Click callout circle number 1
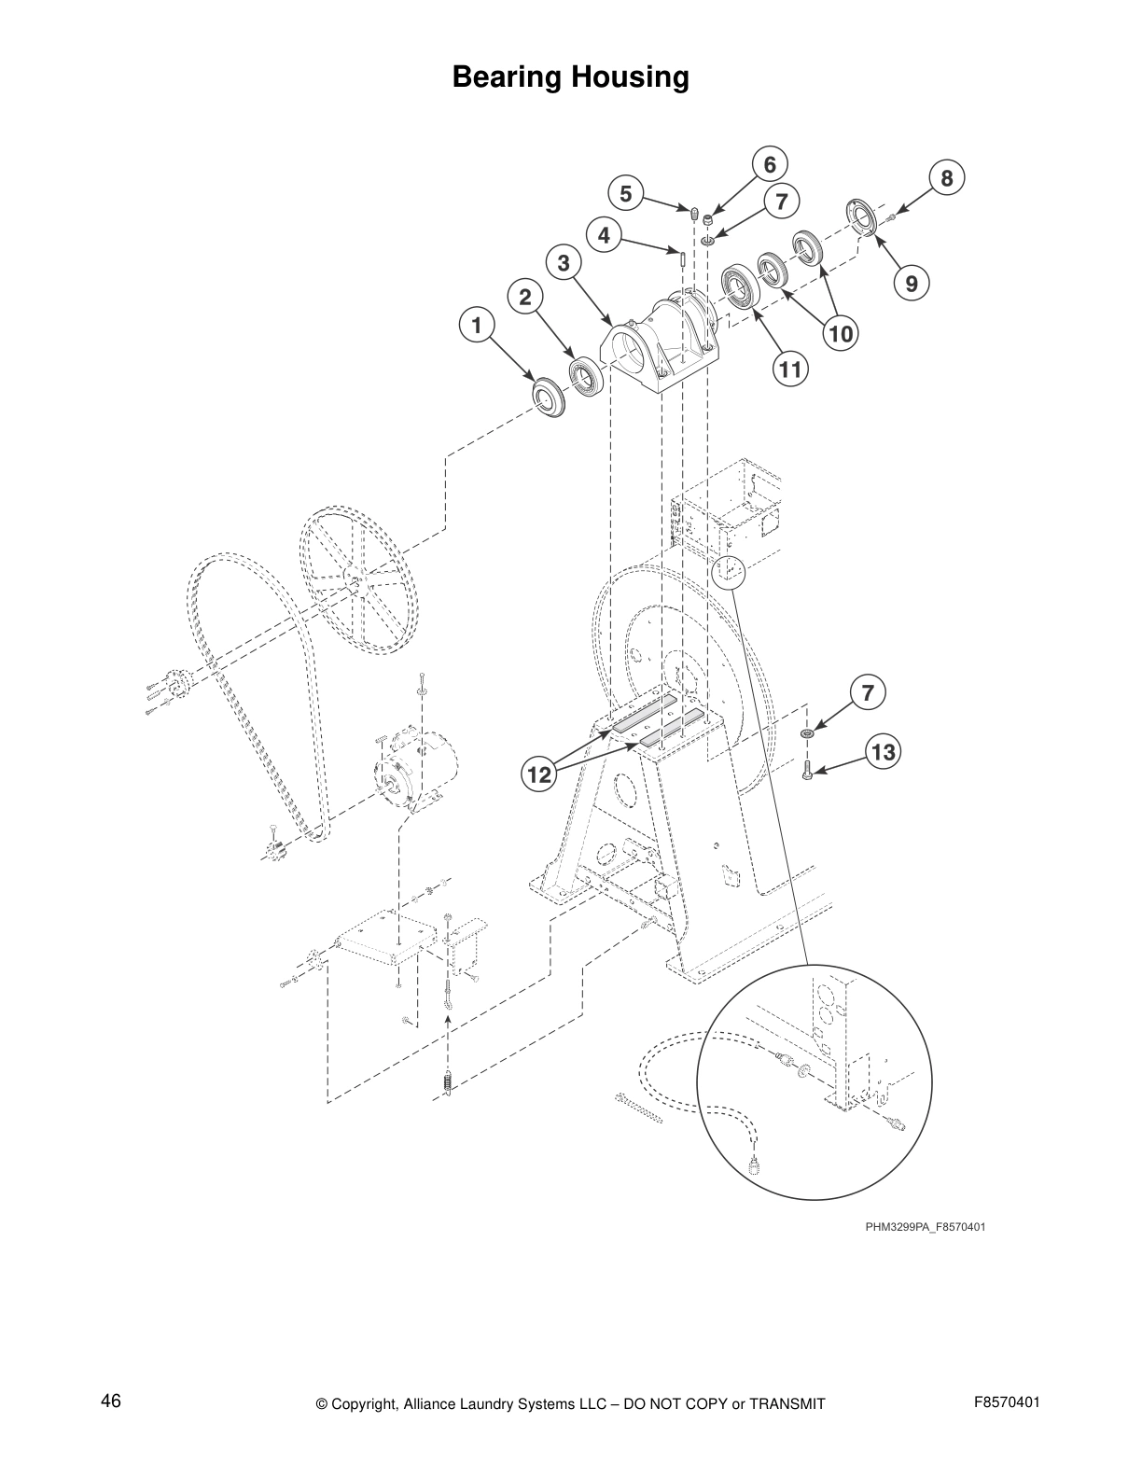click(477, 326)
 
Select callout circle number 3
click(563, 264)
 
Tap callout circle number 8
click(946, 178)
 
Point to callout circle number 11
click(790, 369)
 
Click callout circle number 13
click(883, 752)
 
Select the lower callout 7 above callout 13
click(868, 693)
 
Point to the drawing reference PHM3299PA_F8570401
click(925, 1227)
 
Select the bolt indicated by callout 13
click(807, 769)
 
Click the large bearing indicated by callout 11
click(742, 286)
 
